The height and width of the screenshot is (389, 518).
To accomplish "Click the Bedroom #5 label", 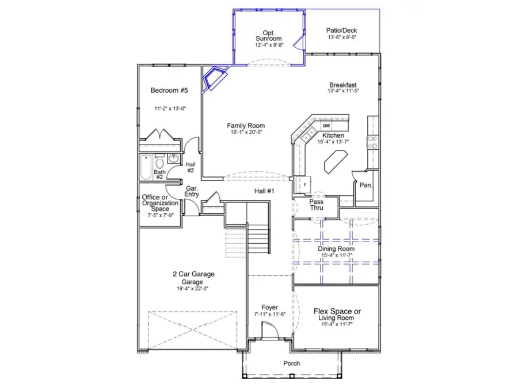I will pyautogui.click(x=169, y=90).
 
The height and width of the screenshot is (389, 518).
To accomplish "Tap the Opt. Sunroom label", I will pyautogui.click(x=269, y=35).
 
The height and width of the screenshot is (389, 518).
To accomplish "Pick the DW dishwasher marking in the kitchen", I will pyautogui.click(x=326, y=126).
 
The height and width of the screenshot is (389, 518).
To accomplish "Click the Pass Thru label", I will pyautogui.click(x=316, y=205).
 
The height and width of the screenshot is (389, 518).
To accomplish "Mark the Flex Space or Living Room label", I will pyautogui.click(x=337, y=315).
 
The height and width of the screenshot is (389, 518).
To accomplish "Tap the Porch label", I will pyautogui.click(x=292, y=364).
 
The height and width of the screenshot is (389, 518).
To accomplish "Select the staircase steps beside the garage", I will pyautogui.click(x=258, y=236).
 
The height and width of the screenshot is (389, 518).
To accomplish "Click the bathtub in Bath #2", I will pyautogui.click(x=145, y=167).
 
